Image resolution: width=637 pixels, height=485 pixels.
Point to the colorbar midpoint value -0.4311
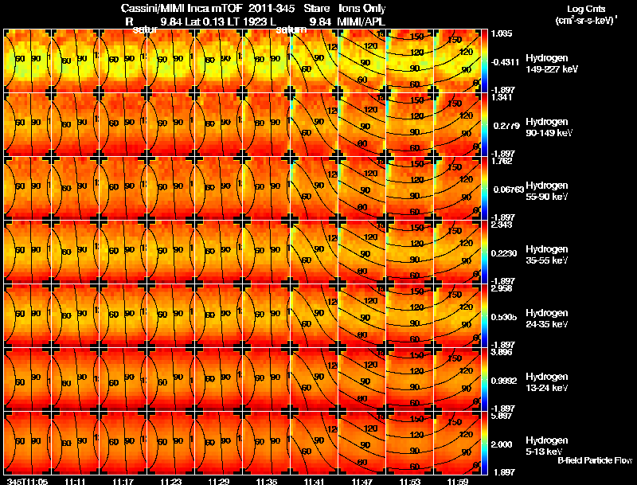(506, 61)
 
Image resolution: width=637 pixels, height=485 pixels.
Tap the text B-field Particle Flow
(594, 460)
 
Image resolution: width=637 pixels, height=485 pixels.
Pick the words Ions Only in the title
(363, 7)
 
